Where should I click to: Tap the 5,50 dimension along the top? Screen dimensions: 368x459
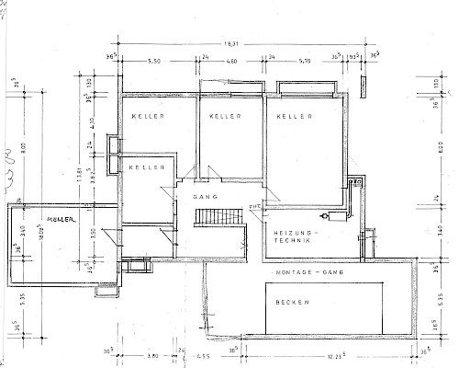(x=154, y=60)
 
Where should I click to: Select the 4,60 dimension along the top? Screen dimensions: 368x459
(x=232, y=60)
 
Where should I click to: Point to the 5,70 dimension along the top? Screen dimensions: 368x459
(x=305, y=60)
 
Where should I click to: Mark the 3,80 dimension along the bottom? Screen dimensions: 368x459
(x=153, y=356)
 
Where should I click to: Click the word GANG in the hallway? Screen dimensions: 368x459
(x=204, y=198)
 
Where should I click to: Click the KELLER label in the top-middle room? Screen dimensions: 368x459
(x=225, y=117)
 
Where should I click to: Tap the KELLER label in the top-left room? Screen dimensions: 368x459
(x=147, y=116)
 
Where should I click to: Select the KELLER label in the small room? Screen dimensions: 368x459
(x=147, y=167)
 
